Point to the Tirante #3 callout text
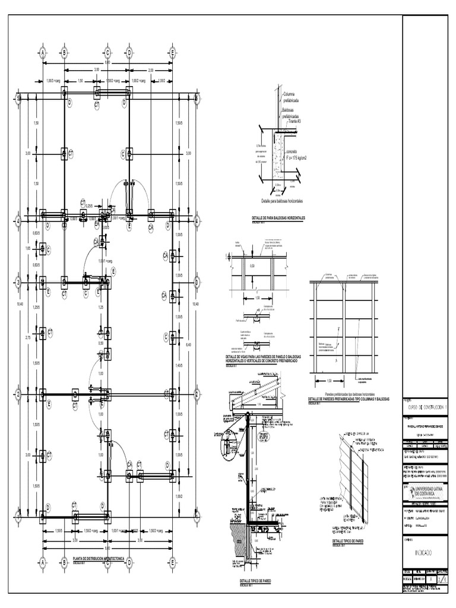[x=292, y=121]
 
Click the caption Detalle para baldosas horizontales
[x=283, y=202]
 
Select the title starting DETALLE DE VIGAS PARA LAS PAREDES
[x=259, y=359]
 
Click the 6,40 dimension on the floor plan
[x=189, y=344]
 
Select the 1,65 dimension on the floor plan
[x=27, y=248]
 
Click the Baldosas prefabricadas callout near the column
[x=292, y=113]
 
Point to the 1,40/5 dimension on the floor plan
[x=179, y=367]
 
